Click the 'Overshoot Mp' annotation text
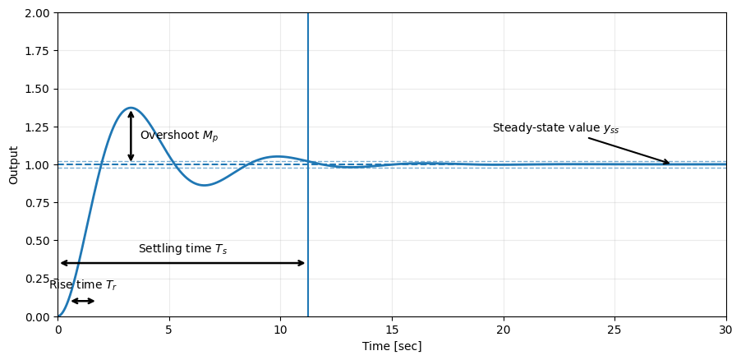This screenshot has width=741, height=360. [x=179, y=136]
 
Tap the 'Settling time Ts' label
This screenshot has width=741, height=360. [x=182, y=249]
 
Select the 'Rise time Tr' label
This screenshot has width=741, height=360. [x=83, y=285]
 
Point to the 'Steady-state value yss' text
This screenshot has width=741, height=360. [x=555, y=128]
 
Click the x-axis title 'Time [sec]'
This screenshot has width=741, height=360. [x=392, y=347]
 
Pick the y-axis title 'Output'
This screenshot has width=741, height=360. [x=14, y=164]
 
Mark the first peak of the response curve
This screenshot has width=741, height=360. [x=131, y=108]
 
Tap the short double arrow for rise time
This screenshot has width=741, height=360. [x=83, y=301]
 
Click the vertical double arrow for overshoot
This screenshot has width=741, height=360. [x=131, y=136]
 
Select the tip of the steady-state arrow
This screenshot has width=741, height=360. [x=670, y=164]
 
